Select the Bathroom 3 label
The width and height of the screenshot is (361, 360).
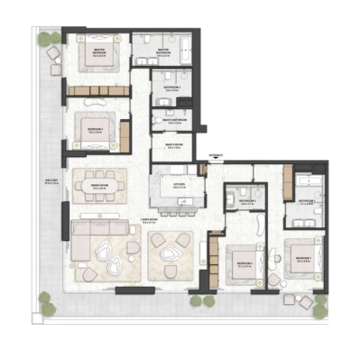[171, 88]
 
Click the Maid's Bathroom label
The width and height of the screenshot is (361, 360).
[172, 119]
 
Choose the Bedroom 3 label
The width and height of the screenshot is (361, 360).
[95, 130]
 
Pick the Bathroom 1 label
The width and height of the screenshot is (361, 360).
[305, 201]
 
